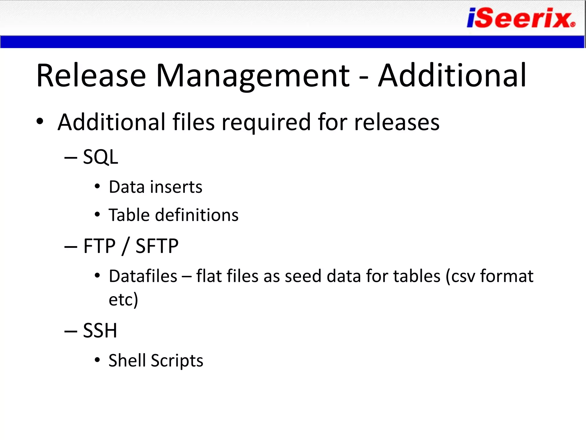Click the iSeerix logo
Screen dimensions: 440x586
[521, 18]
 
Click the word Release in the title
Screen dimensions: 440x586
[91, 76]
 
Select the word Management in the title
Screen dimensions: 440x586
[252, 76]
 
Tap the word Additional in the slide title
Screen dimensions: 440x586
[452, 76]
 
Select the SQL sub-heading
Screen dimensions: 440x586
[100, 157]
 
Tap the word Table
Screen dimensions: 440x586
[129, 215]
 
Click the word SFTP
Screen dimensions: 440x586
[157, 246]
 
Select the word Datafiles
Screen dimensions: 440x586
[143, 276]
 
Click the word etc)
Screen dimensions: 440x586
[123, 300]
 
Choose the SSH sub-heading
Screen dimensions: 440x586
[100, 331]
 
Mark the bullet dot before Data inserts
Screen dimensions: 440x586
[97, 187]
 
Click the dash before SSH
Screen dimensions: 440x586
[71, 331]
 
